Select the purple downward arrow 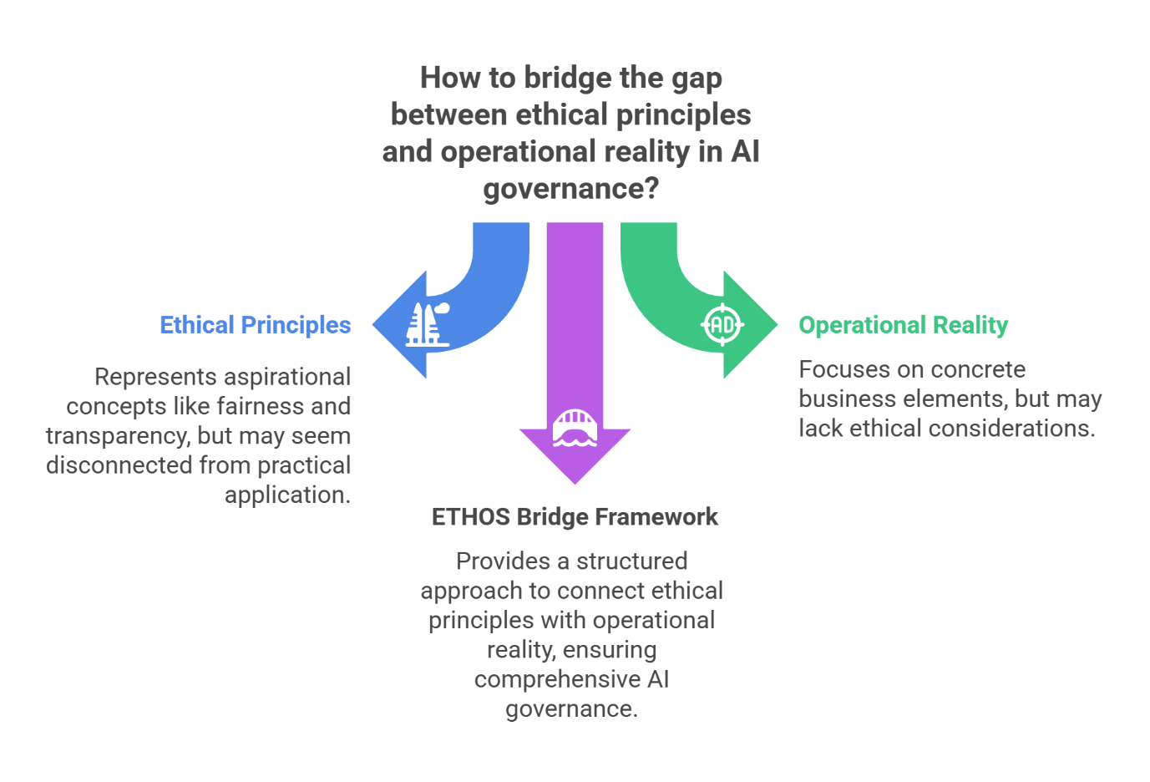[575, 334]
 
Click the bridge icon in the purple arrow [575, 429]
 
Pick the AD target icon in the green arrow [722, 324]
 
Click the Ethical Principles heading [255, 325]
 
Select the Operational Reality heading [903, 325]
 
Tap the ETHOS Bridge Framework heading [575, 517]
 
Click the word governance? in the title [571, 189]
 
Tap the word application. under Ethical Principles [287, 495]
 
